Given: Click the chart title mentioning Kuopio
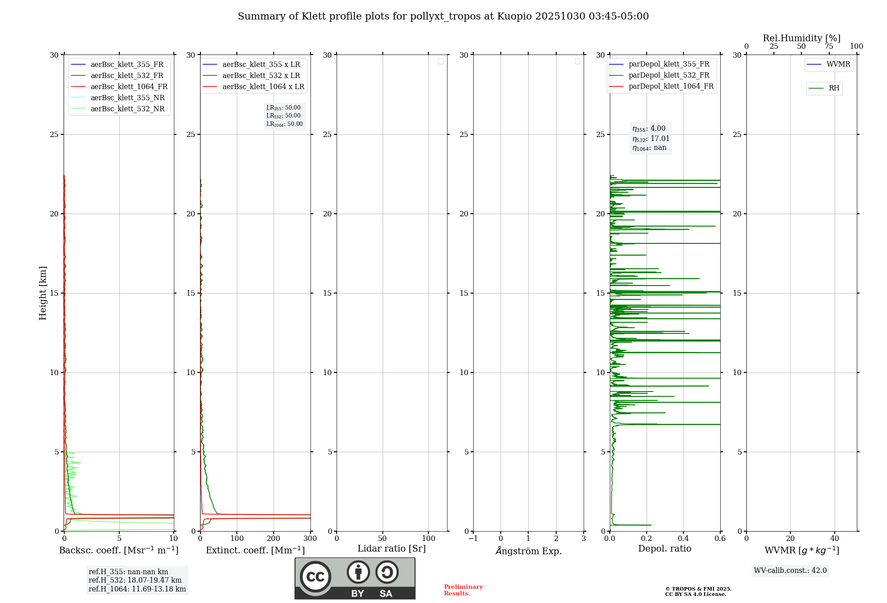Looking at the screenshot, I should click(x=443, y=16).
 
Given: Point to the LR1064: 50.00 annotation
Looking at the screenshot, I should click(x=284, y=124).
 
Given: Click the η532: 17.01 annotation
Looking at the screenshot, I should click(x=651, y=139).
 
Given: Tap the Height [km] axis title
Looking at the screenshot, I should click(x=43, y=293).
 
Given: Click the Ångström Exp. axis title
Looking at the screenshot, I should click(x=528, y=551).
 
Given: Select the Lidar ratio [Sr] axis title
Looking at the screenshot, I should click(x=392, y=549).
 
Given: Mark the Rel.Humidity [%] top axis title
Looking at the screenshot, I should click(x=801, y=38).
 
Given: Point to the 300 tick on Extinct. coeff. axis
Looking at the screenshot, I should click(x=310, y=539).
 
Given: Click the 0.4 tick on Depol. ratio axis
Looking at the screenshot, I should click(x=683, y=539).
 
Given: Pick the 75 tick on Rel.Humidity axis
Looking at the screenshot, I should click(x=829, y=47).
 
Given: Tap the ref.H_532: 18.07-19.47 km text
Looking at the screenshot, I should click(x=135, y=580).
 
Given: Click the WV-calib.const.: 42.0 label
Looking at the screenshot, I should click(x=790, y=571).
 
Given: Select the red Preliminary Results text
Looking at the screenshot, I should click(x=463, y=590).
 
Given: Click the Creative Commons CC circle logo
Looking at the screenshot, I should click(x=315, y=577).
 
